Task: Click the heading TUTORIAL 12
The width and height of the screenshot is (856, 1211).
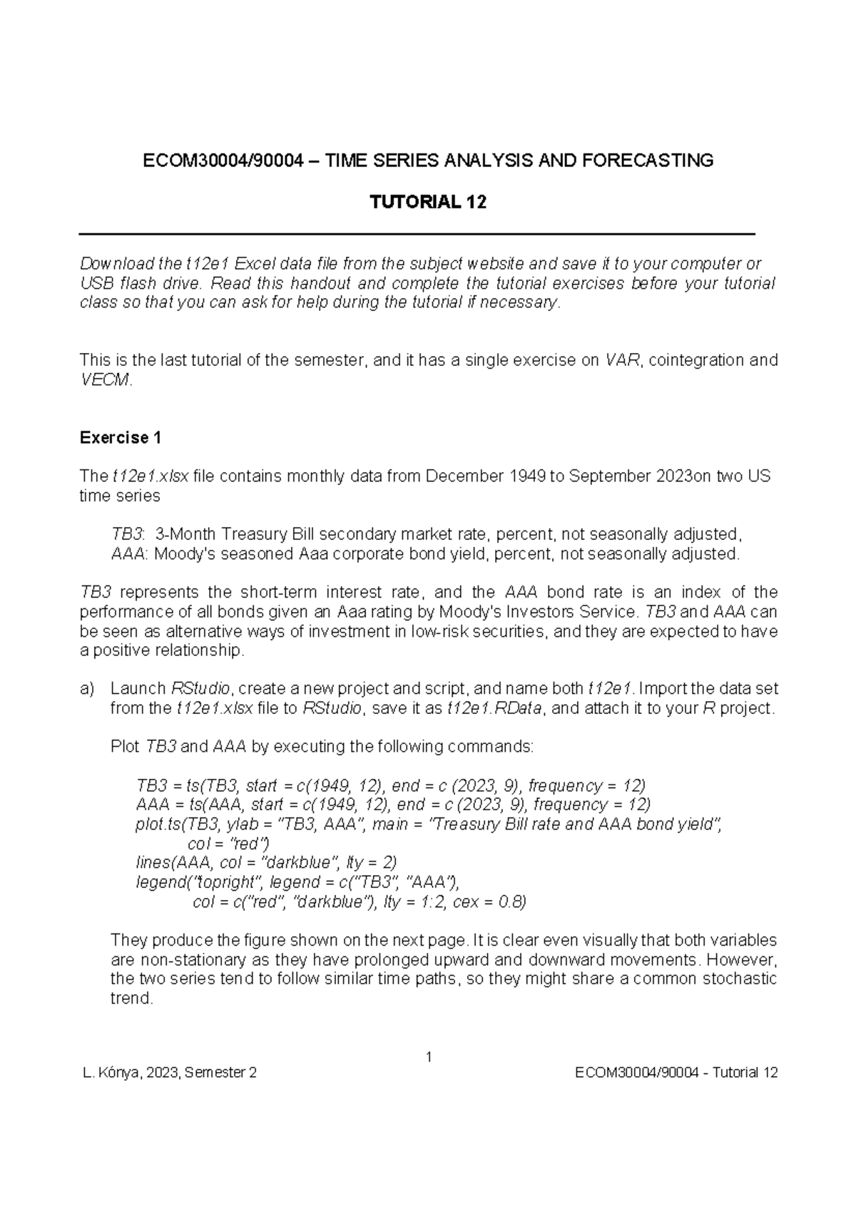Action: [427, 203]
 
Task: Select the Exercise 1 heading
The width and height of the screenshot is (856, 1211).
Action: [121, 438]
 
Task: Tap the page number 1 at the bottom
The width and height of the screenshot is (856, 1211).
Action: [429, 1056]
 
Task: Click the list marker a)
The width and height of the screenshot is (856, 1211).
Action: [87, 689]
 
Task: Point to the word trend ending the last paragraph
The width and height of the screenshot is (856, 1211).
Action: [131, 998]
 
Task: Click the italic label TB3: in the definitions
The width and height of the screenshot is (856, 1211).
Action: [128, 534]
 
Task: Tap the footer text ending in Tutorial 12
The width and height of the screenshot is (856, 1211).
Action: [676, 1073]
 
